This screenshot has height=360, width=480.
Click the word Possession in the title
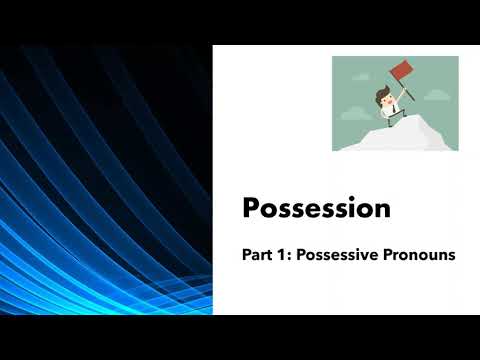316,209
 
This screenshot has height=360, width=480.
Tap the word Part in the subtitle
258,256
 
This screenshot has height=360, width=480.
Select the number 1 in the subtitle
284,256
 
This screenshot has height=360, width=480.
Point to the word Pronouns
417,256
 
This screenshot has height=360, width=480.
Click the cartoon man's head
383,98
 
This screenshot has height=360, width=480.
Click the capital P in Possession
252,209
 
